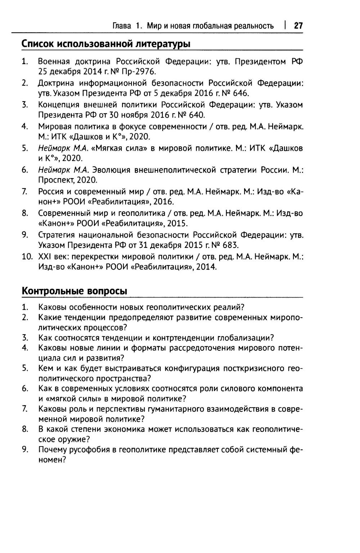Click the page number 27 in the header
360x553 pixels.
(x=298, y=26)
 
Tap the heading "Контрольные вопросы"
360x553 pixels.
(x=75, y=291)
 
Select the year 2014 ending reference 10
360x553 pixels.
(x=206, y=267)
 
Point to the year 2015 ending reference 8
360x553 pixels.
(x=177, y=223)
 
